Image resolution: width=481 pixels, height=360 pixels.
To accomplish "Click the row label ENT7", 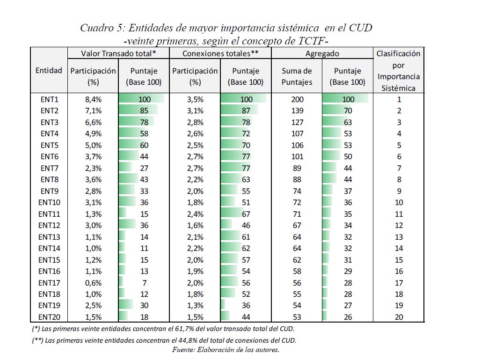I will pos(49,168).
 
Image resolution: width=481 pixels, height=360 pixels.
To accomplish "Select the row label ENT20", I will pos(49,317).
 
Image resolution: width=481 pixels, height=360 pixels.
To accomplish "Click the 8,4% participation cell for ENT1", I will pos(93,99).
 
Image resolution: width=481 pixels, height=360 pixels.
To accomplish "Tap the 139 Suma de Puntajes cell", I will pos(297,111).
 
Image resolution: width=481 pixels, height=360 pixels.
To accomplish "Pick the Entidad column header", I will pos(49,71).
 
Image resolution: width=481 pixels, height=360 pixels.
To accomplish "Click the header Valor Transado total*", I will pos(118,54).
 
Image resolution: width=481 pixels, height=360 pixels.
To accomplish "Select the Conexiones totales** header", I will pos(220,54).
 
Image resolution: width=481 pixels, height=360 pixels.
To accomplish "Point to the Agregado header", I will pos(322,54).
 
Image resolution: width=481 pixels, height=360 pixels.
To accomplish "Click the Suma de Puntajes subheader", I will pos(297,76).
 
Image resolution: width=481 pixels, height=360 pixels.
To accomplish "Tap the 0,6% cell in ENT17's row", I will pos(93,283).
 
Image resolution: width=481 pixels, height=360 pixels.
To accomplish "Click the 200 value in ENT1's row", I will pos(297,99).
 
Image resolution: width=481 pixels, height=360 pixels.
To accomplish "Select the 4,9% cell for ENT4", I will pos(93,134).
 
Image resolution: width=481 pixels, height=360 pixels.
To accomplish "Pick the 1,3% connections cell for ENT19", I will pos(195,306).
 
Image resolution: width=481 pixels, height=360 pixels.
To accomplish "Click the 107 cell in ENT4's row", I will pos(297,134).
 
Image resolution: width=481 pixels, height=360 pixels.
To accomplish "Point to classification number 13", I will pos(399,237).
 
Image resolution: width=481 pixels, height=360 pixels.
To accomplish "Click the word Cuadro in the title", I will pos(96,28).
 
